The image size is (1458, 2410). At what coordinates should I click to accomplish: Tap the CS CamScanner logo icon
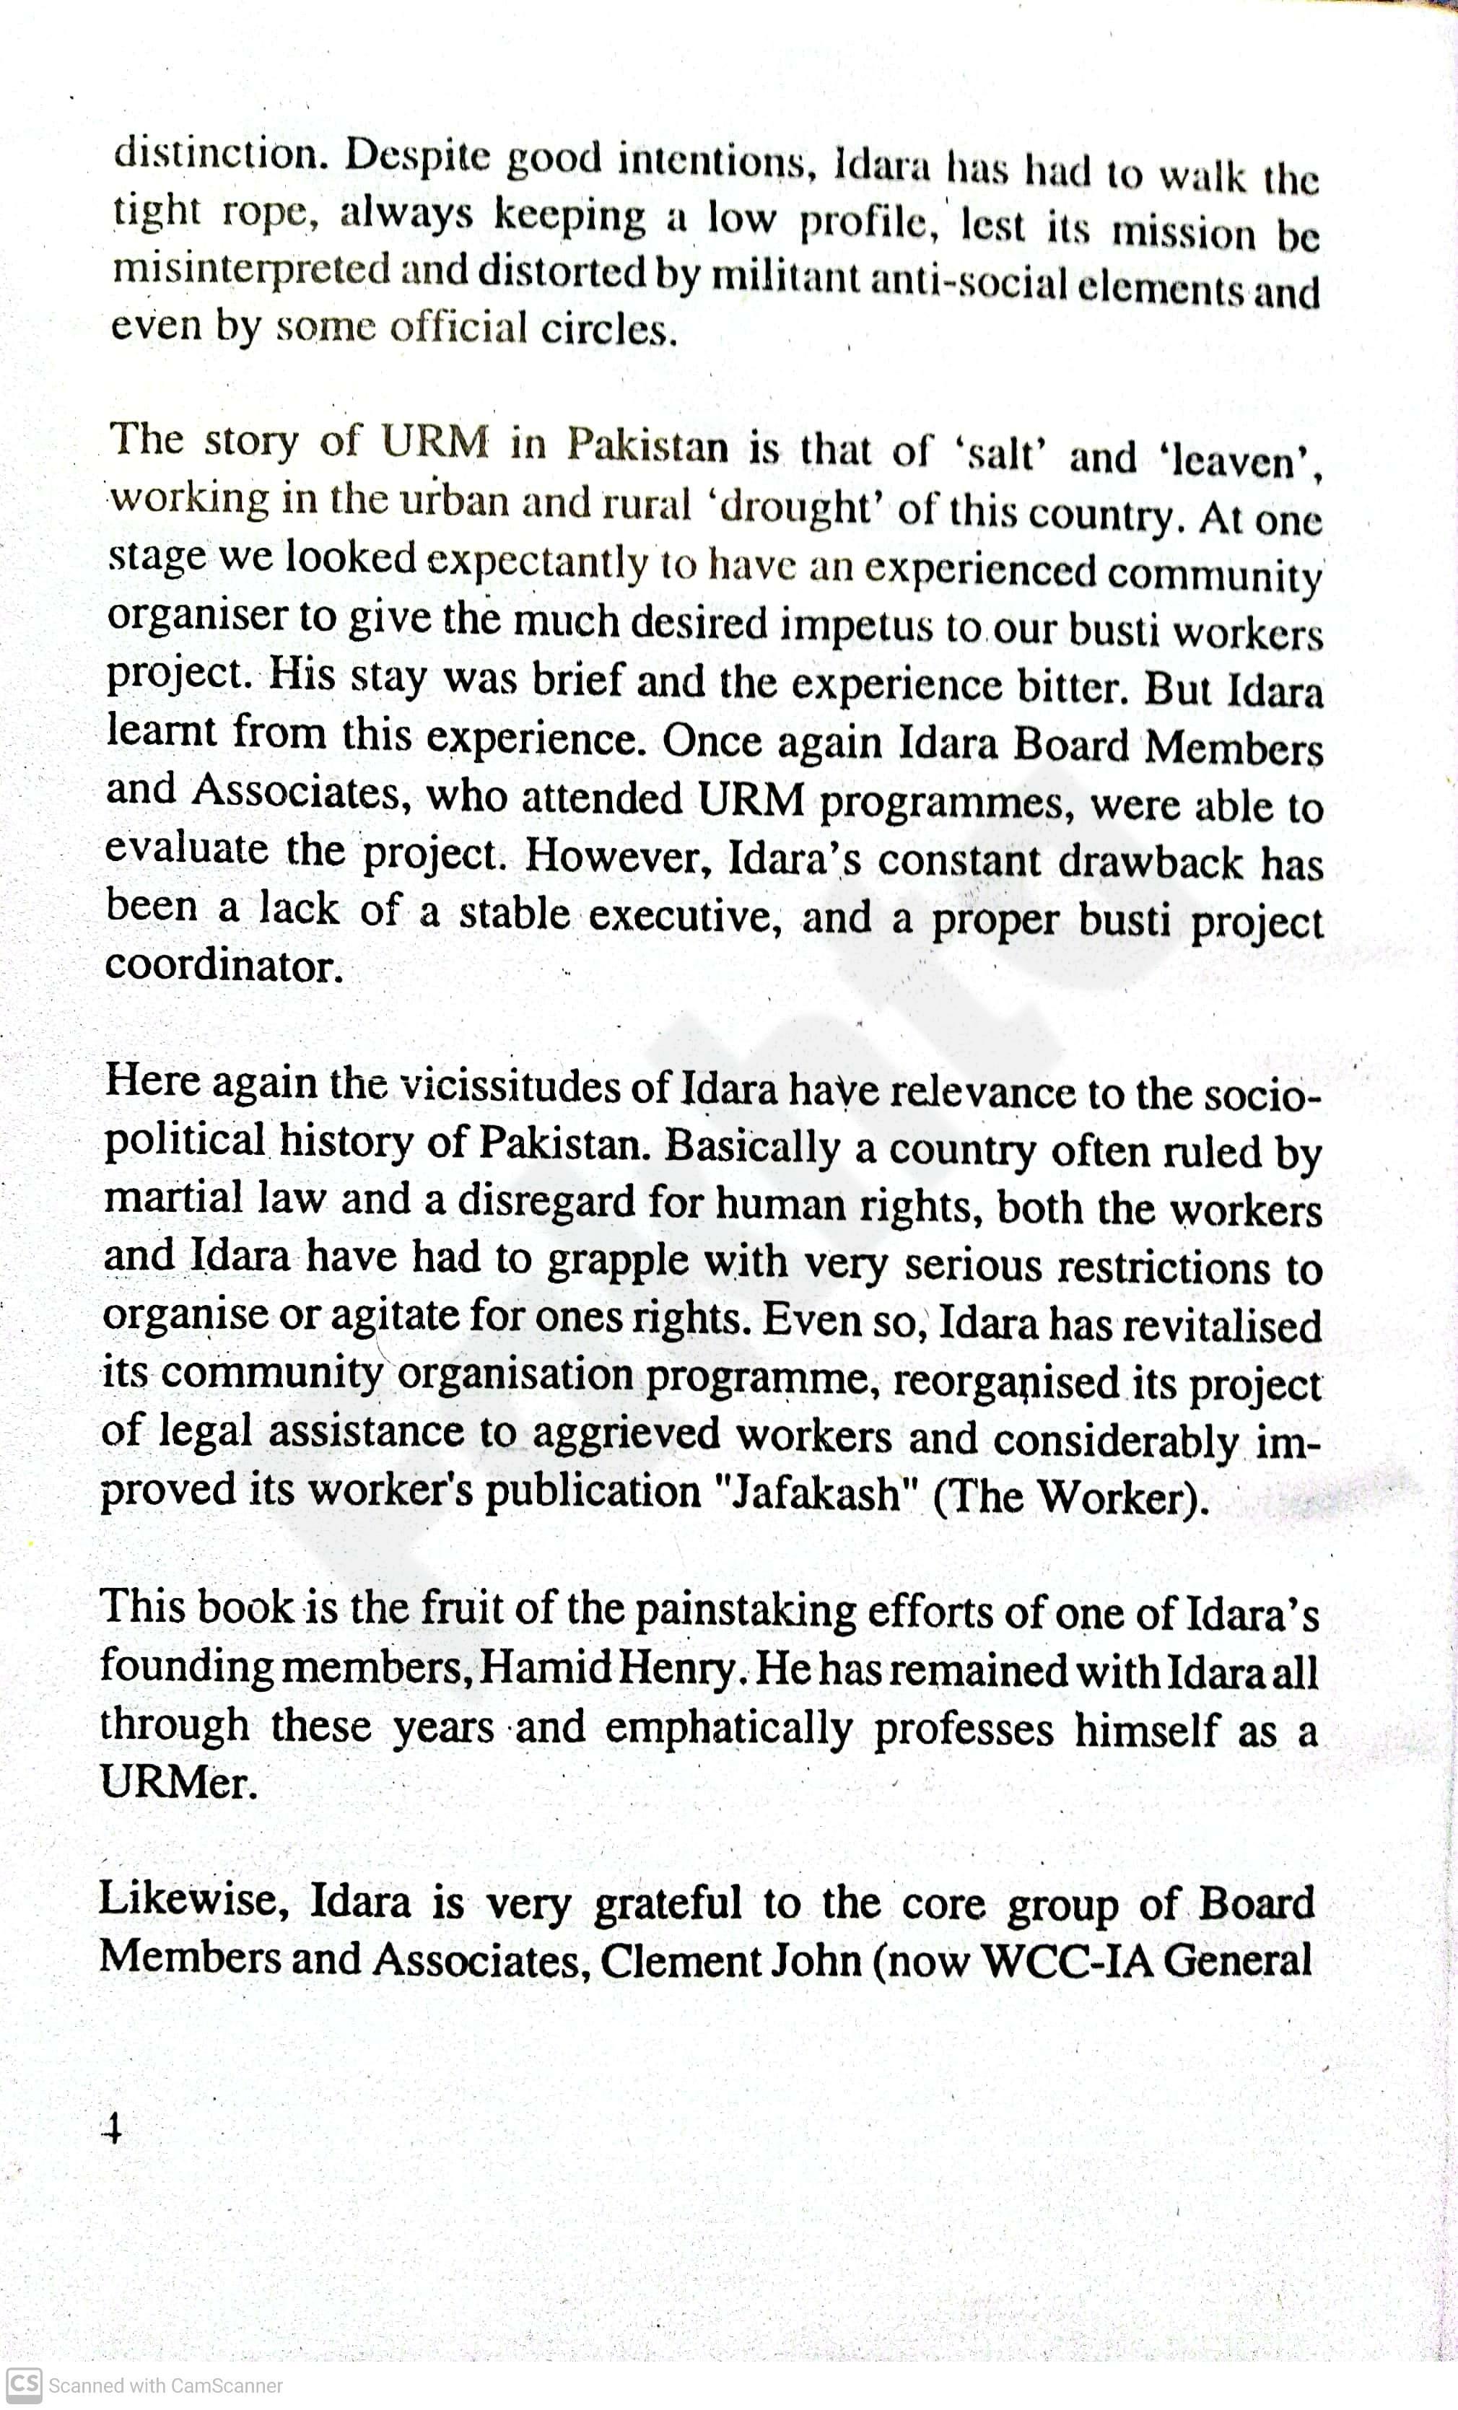click(25, 2385)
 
